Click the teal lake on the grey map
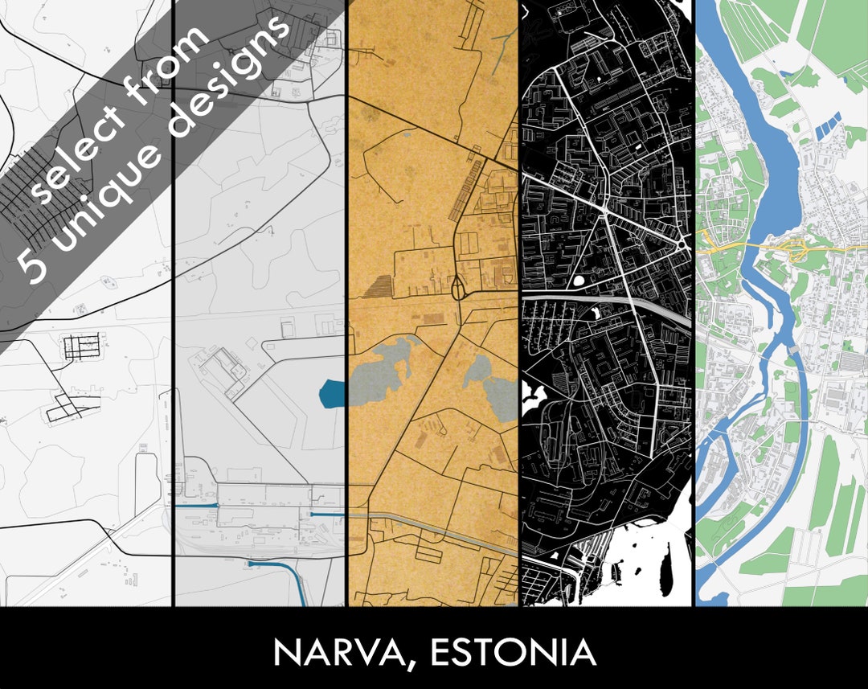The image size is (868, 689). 331,393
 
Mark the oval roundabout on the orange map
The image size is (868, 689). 458,287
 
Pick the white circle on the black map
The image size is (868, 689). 579,282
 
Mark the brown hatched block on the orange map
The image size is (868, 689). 379,285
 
